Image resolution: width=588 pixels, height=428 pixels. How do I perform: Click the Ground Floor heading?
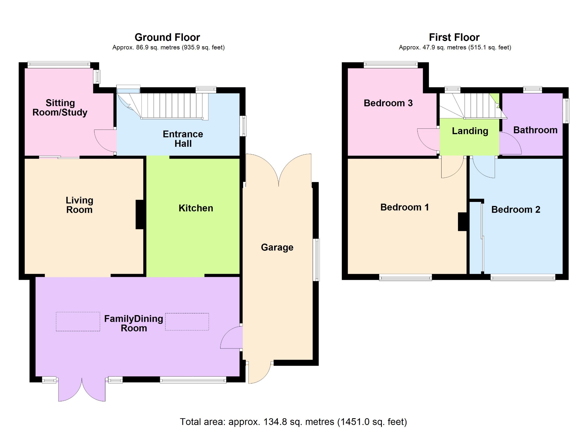click(x=167, y=37)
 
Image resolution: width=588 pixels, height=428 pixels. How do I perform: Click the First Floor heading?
click(x=454, y=37)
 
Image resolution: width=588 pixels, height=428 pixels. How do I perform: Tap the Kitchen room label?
click(x=196, y=208)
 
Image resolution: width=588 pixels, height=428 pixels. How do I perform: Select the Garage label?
click(x=277, y=247)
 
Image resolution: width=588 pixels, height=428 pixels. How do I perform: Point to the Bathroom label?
click(x=535, y=130)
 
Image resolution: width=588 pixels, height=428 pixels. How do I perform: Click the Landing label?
click(x=470, y=131)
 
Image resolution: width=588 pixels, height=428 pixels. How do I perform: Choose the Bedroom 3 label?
click(x=388, y=103)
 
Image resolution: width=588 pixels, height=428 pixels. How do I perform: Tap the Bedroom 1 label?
click(x=405, y=207)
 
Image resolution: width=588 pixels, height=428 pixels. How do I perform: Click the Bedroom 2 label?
click(x=516, y=209)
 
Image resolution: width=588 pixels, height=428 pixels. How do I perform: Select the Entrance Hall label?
click(x=183, y=139)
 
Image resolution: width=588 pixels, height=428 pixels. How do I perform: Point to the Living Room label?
click(x=80, y=205)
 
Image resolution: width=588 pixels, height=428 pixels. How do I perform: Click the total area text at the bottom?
click(x=293, y=422)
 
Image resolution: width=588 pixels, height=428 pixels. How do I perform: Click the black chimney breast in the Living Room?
click(x=140, y=215)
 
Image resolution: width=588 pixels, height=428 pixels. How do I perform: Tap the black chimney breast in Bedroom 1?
click(x=462, y=221)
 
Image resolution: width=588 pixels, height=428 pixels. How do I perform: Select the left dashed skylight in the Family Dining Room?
click(x=78, y=321)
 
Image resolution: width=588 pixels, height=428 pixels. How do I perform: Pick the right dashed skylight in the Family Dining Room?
click(x=187, y=322)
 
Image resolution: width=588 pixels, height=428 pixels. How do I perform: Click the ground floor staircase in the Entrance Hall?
click(x=163, y=106)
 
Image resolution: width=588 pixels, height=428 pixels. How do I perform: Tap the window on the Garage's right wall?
click(x=316, y=260)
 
